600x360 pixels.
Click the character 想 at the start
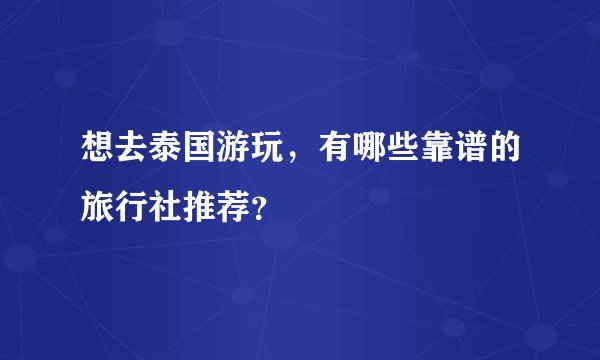pyautogui.click(x=98, y=153)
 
